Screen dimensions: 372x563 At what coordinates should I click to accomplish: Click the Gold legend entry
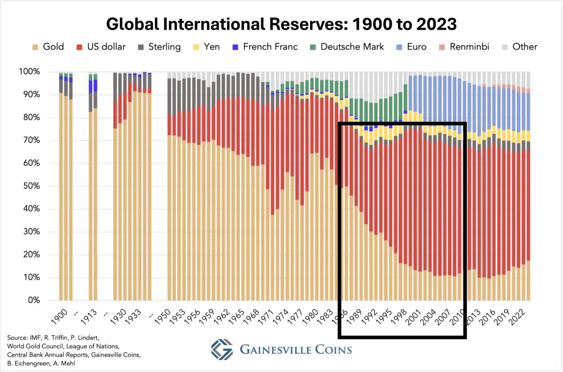click(x=47, y=47)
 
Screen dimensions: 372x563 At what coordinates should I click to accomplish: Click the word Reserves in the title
click(x=280, y=25)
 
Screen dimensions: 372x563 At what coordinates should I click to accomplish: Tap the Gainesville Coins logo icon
click(x=222, y=349)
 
